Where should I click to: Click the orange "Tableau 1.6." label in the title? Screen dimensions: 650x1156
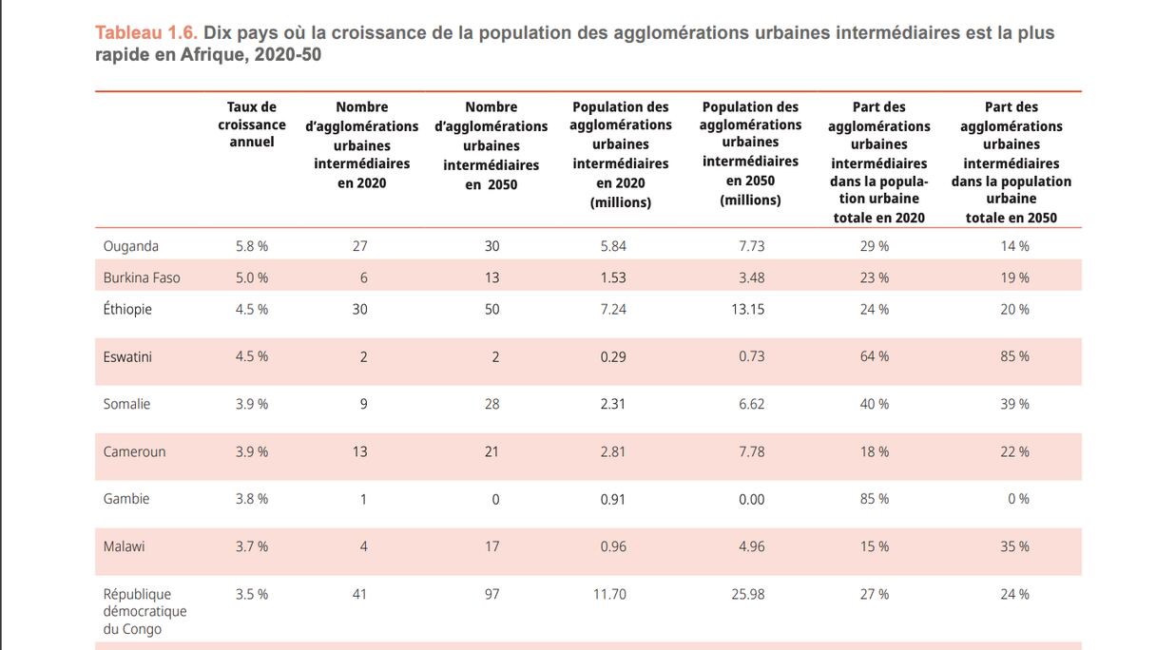coord(146,33)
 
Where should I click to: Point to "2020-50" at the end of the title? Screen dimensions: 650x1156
coord(288,55)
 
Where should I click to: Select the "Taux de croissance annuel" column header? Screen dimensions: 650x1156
coord(252,124)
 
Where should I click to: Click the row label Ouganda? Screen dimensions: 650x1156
coord(131,246)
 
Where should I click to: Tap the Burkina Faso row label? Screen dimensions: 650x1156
coord(142,277)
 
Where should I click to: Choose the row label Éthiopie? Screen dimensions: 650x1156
coord(127,309)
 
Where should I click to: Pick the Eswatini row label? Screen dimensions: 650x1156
coord(127,357)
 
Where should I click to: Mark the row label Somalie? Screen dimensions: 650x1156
coord(126,404)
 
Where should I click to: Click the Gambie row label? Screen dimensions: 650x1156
coord(126,499)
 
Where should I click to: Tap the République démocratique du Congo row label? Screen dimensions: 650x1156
coord(144,611)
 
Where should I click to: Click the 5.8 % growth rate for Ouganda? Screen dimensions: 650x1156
coord(252,246)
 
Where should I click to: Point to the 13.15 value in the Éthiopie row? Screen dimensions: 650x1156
coord(748,309)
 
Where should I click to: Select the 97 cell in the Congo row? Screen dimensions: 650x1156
coord(491,594)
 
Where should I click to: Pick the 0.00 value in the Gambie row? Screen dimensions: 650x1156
coord(751,499)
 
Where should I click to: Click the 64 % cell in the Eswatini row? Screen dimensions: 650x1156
coord(875,357)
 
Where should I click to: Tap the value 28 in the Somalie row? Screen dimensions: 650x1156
coord(491,404)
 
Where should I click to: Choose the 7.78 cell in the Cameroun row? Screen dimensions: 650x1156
coord(751,451)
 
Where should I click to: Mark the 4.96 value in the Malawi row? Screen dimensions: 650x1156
coord(751,546)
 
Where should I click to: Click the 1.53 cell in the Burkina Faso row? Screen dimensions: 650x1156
coord(613,277)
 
